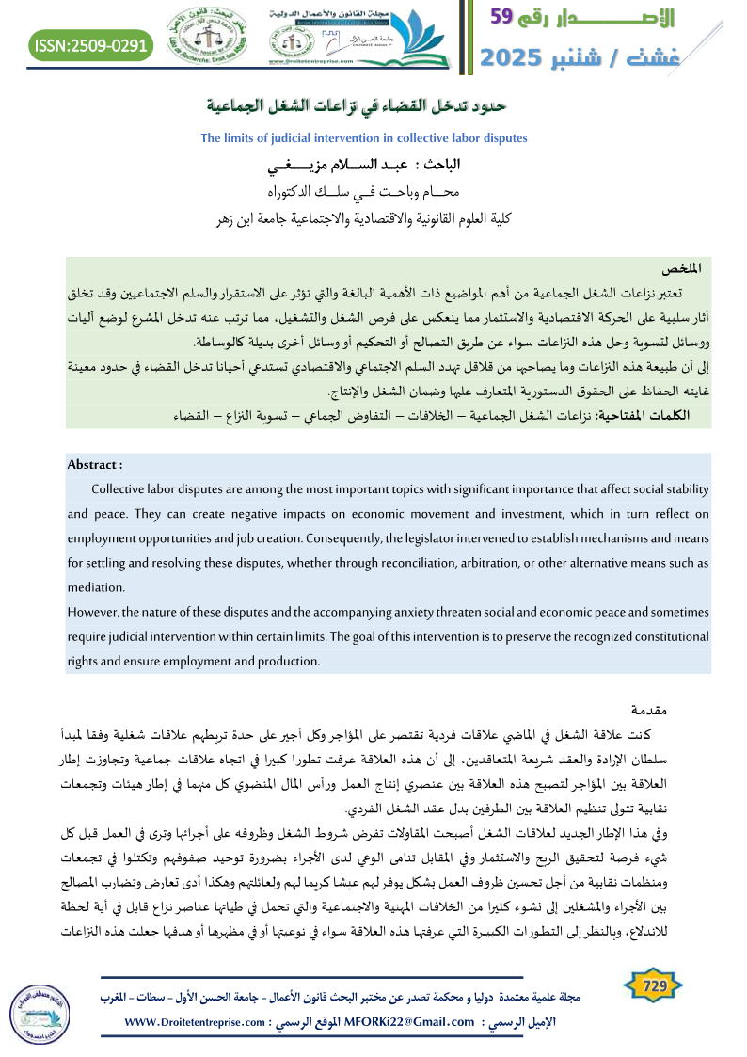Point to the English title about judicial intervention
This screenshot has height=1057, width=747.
point(364,138)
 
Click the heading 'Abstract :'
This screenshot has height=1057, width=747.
point(95,464)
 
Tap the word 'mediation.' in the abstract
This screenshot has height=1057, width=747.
point(97,585)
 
